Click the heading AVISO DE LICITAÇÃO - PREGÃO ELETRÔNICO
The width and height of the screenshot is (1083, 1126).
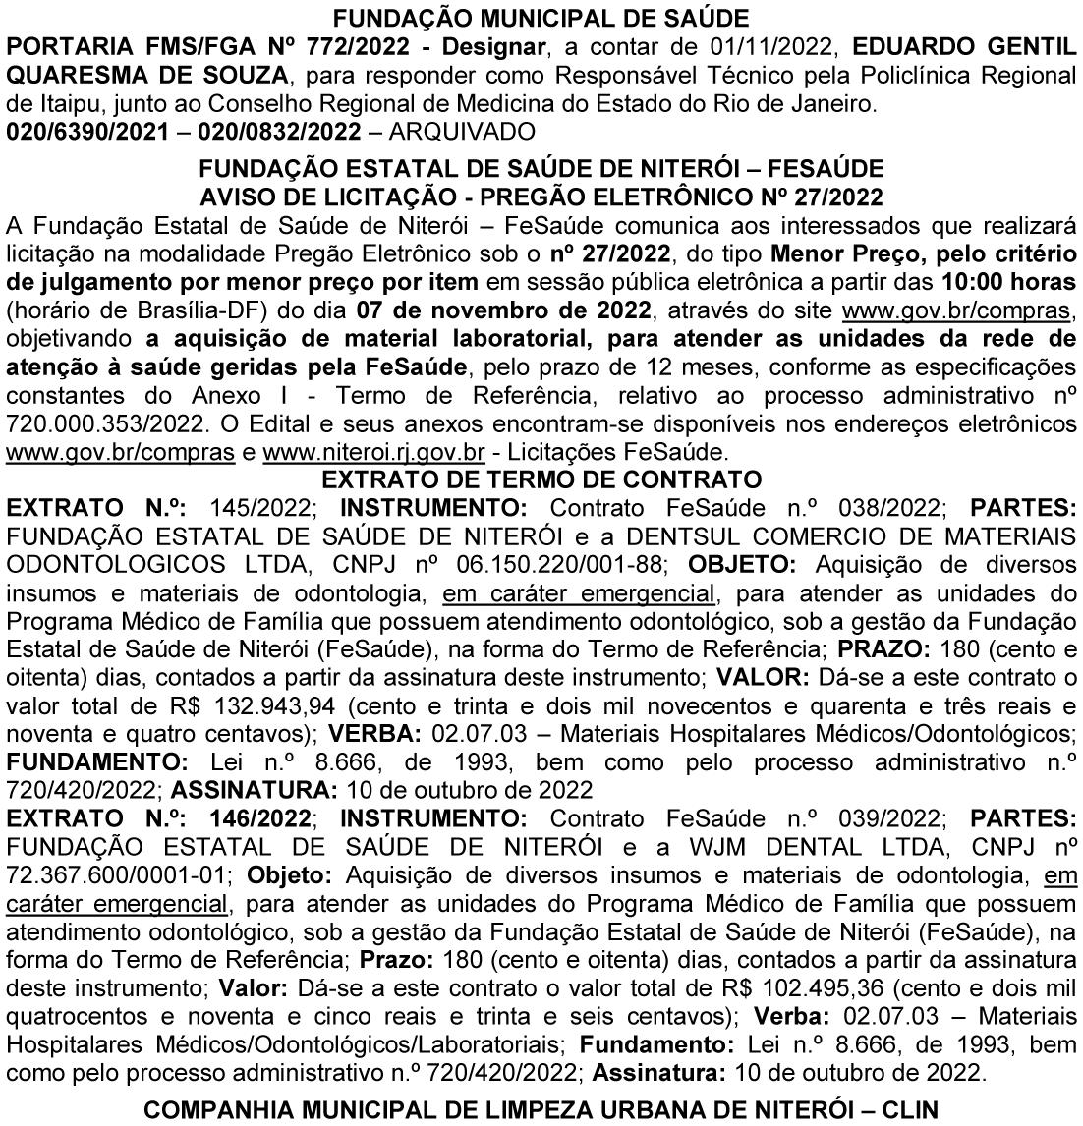tap(541, 195)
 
